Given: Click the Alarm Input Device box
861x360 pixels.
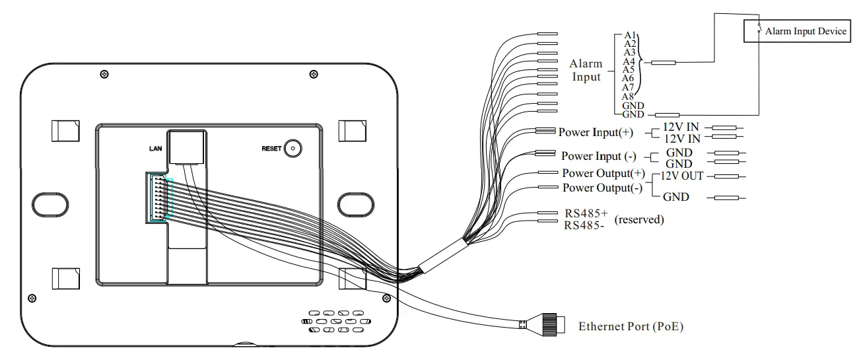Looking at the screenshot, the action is [797, 31].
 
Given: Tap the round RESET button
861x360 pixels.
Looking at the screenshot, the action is [293, 149].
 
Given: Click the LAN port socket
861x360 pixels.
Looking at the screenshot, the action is [186, 147].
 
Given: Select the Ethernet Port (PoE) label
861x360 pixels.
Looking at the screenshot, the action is [631, 326].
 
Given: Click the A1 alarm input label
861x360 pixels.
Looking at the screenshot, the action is [630, 36].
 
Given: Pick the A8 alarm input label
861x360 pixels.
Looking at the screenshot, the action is [628, 96].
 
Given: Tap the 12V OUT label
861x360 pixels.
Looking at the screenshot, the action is [682, 176].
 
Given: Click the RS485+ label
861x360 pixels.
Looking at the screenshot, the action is [586, 213].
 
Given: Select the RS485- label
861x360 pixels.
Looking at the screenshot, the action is [584, 225].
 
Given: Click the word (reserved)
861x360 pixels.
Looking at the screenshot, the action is [639, 219].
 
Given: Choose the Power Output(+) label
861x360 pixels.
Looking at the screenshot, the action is [603, 174].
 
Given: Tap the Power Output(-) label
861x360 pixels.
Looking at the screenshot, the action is [602, 188].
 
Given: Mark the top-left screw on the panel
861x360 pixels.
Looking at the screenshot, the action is [104, 74].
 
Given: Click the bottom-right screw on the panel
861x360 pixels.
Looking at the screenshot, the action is [387, 298].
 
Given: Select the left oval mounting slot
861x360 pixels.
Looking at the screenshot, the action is [50, 205].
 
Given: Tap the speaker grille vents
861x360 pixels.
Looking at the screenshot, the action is [336, 322].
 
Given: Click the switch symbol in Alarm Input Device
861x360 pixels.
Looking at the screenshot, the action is [759, 28].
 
